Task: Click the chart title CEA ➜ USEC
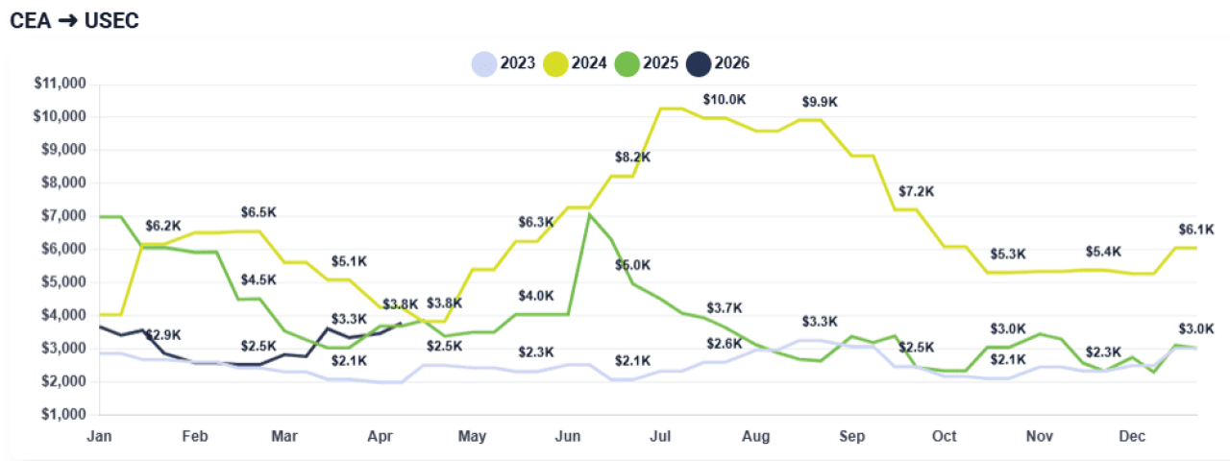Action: [74, 21]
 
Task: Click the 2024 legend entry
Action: [576, 63]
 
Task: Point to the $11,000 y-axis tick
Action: [60, 84]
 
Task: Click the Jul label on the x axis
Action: [663, 436]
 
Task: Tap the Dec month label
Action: [1133, 436]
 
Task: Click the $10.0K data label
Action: [723, 99]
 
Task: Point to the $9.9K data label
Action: [820, 102]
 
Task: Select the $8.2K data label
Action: [632, 157]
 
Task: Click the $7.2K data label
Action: [916, 191]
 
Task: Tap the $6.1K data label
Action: [1195, 230]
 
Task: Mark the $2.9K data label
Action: [162, 334]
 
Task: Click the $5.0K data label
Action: [632, 264]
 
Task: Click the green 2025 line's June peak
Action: [589, 214]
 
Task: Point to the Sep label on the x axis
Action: [851, 436]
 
